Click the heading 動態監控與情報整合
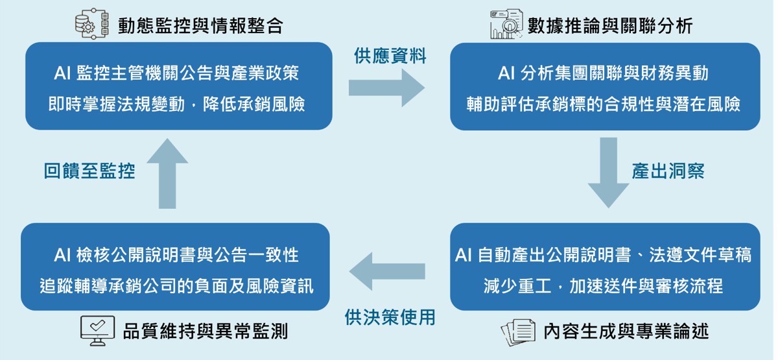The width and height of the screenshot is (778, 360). (x=200, y=26)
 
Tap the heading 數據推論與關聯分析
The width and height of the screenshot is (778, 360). (x=610, y=26)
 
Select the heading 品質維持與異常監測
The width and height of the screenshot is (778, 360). (x=206, y=331)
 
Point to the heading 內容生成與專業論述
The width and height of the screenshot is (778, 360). (x=626, y=331)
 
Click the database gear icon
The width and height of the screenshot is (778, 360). (x=92, y=23)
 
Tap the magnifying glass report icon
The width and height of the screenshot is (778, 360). (x=506, y=23)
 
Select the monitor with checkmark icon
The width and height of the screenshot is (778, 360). (x=98, y=331)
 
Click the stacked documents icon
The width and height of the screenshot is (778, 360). (x=518, y=332)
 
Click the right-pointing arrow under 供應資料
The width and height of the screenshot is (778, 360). (x=386, y=88)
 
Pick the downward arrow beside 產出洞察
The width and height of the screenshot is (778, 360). (x=609, y=173)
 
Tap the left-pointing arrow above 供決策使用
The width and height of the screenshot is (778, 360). (x=387, y=271)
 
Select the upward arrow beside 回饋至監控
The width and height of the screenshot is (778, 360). (x=167, y=173)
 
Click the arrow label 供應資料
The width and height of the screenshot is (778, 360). (x=390, y=56)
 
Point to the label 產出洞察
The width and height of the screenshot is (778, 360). (x=668, y=171)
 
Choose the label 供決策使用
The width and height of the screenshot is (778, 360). (x=390, y=317)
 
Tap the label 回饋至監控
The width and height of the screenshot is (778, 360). (x=89, y=171)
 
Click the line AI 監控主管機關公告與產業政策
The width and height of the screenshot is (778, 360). (x=176, y=73)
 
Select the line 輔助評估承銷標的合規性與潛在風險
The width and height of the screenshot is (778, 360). (x=604, y=104)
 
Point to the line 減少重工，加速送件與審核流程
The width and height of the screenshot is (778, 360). (x=604, y=285)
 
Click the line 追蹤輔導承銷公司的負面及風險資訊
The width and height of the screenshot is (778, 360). (x=176, y=286)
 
